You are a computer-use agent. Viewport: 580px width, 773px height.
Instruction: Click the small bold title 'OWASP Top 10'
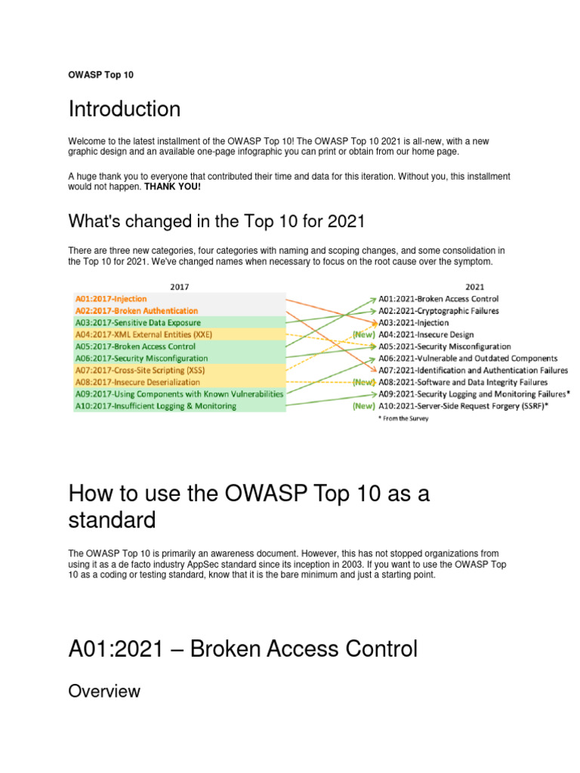[101, 75]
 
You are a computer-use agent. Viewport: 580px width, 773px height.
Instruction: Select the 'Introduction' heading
[125, 109]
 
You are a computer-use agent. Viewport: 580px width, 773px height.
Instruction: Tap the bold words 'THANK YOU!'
[173, 186]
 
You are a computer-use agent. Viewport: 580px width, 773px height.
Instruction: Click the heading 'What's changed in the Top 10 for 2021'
[217, 221]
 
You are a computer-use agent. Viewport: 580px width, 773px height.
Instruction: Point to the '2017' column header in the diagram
[179, 287]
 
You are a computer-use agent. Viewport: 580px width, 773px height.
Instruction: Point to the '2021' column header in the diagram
[475, 287]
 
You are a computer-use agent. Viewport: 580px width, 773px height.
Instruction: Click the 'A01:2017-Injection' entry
[110, 299]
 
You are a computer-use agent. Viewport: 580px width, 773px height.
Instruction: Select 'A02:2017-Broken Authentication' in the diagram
[136, 311]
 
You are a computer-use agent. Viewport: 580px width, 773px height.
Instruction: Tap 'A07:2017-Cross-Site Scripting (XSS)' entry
[140, 371]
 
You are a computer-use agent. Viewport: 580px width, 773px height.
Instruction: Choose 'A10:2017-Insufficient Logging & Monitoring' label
[155, 406]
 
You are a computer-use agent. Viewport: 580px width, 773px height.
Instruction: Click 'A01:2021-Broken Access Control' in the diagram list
[439, 299]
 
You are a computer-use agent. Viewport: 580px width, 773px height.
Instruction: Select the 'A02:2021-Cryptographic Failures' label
[439, 310]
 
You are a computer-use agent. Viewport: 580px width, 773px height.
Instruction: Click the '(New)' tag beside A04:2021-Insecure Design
[364, 334]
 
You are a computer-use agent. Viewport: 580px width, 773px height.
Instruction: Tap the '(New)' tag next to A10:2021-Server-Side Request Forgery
[364, 406]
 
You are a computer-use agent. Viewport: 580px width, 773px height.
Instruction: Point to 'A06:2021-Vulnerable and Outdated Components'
[468, 359]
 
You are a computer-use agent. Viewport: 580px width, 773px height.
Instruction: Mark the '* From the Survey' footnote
[403, 419]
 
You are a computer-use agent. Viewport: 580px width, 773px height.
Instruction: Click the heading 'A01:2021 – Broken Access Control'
[242, 648]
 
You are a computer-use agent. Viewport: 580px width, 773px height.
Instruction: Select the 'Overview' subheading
[104, 691]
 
